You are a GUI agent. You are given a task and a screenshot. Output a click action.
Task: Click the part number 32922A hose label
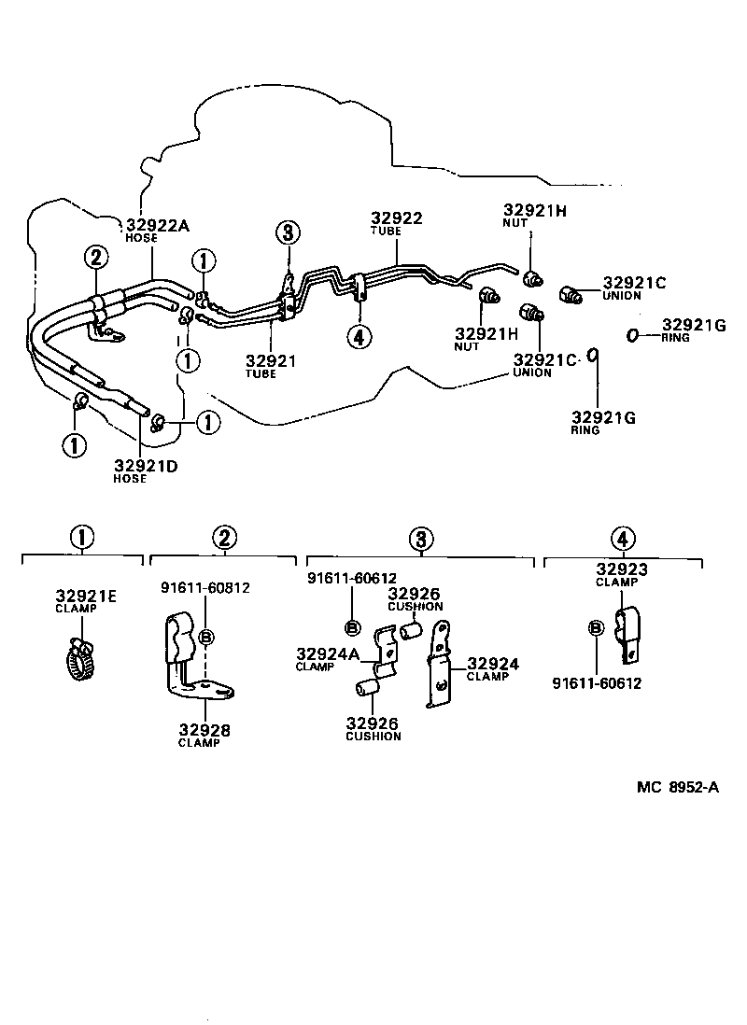point(156,225)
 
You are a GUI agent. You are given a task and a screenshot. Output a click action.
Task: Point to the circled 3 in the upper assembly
point(289,232)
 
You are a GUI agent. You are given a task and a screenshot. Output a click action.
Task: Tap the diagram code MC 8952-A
point(678,787)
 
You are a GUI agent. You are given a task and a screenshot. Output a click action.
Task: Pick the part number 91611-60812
point(204,588)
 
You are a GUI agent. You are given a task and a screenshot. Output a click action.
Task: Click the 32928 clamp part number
point(204,730)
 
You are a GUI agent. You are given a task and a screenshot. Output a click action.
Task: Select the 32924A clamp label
point(327,654)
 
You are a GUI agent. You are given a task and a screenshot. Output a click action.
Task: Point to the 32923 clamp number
point(622,569)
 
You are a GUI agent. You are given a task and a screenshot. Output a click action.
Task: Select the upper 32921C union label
point(635,283)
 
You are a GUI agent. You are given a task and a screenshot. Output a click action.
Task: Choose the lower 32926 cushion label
point(373,723)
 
